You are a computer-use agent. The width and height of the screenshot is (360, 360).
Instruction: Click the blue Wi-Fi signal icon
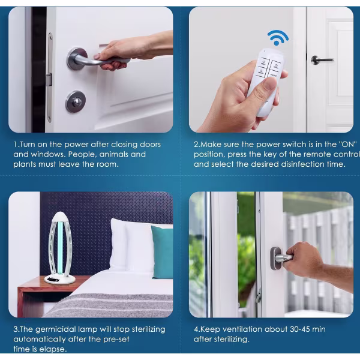(x=278, y=38)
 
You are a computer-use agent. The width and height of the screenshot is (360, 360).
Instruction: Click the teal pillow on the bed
(x=162, y=252)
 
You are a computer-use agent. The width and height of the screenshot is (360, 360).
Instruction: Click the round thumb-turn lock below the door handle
(x=76, y=101)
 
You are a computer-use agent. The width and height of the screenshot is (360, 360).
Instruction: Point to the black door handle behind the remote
(x=322, y=60)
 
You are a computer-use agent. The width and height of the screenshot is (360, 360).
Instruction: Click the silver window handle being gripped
(x=281, y=258)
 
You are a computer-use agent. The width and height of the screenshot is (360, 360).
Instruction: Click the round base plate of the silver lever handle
(x=77, y=58)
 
